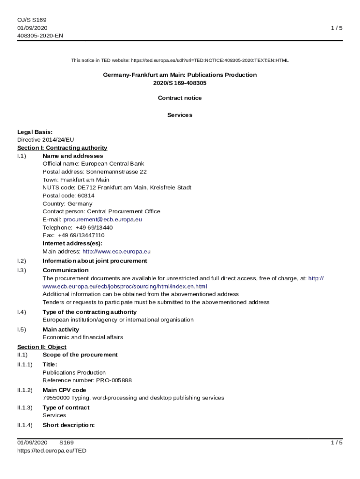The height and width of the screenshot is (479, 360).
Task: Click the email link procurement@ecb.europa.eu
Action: point(103,219)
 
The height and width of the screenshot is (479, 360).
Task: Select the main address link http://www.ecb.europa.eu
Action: point(116,252)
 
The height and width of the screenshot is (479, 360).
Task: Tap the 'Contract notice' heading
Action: point(180,98)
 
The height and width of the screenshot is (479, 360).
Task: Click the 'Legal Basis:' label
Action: point(35,132)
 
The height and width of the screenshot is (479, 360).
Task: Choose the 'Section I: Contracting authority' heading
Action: point(62,148)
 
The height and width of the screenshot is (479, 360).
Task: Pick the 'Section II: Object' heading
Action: point(42,347)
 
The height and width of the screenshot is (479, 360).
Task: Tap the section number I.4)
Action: point(22,312)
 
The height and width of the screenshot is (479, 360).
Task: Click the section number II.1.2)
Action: point(25,390)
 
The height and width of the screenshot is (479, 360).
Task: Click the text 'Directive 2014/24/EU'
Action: point(46,140)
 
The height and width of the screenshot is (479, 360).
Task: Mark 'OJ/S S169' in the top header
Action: point(32,20)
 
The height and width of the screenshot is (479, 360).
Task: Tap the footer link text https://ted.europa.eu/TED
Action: point(52,451)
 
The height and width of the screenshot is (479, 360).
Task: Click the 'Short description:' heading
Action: point(69,425)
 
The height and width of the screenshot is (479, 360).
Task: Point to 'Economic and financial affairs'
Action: point(83,337)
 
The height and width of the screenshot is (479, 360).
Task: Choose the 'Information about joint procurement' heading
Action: point(95,261)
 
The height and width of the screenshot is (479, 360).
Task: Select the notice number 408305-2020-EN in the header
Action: point(40,36)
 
